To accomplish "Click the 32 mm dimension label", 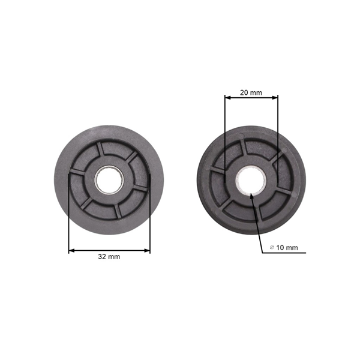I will click(109, 256).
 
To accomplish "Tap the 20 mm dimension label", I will click(250, 92).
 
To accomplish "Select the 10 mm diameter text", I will click(283, 247).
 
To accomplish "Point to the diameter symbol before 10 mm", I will click(272, 247).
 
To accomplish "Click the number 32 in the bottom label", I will click(103, 256).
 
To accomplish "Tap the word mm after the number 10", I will click(290, 247).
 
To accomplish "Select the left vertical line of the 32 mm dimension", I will click(69, 216).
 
